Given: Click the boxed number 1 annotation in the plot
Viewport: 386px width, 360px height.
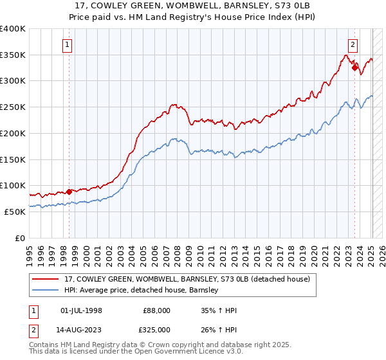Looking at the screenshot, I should tap(68, 45).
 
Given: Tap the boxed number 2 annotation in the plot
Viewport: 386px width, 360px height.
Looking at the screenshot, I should tap(353, 45).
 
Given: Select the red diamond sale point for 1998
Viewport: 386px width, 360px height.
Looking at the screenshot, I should tap(69, 191).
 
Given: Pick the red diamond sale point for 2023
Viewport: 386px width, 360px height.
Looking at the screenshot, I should tap(354, 67).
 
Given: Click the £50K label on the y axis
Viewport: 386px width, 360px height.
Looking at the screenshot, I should tap(15, 211).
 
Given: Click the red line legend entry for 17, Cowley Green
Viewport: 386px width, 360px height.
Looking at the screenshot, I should tap(187, 279).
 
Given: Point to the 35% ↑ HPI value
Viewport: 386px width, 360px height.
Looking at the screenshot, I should tap(219, 310).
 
